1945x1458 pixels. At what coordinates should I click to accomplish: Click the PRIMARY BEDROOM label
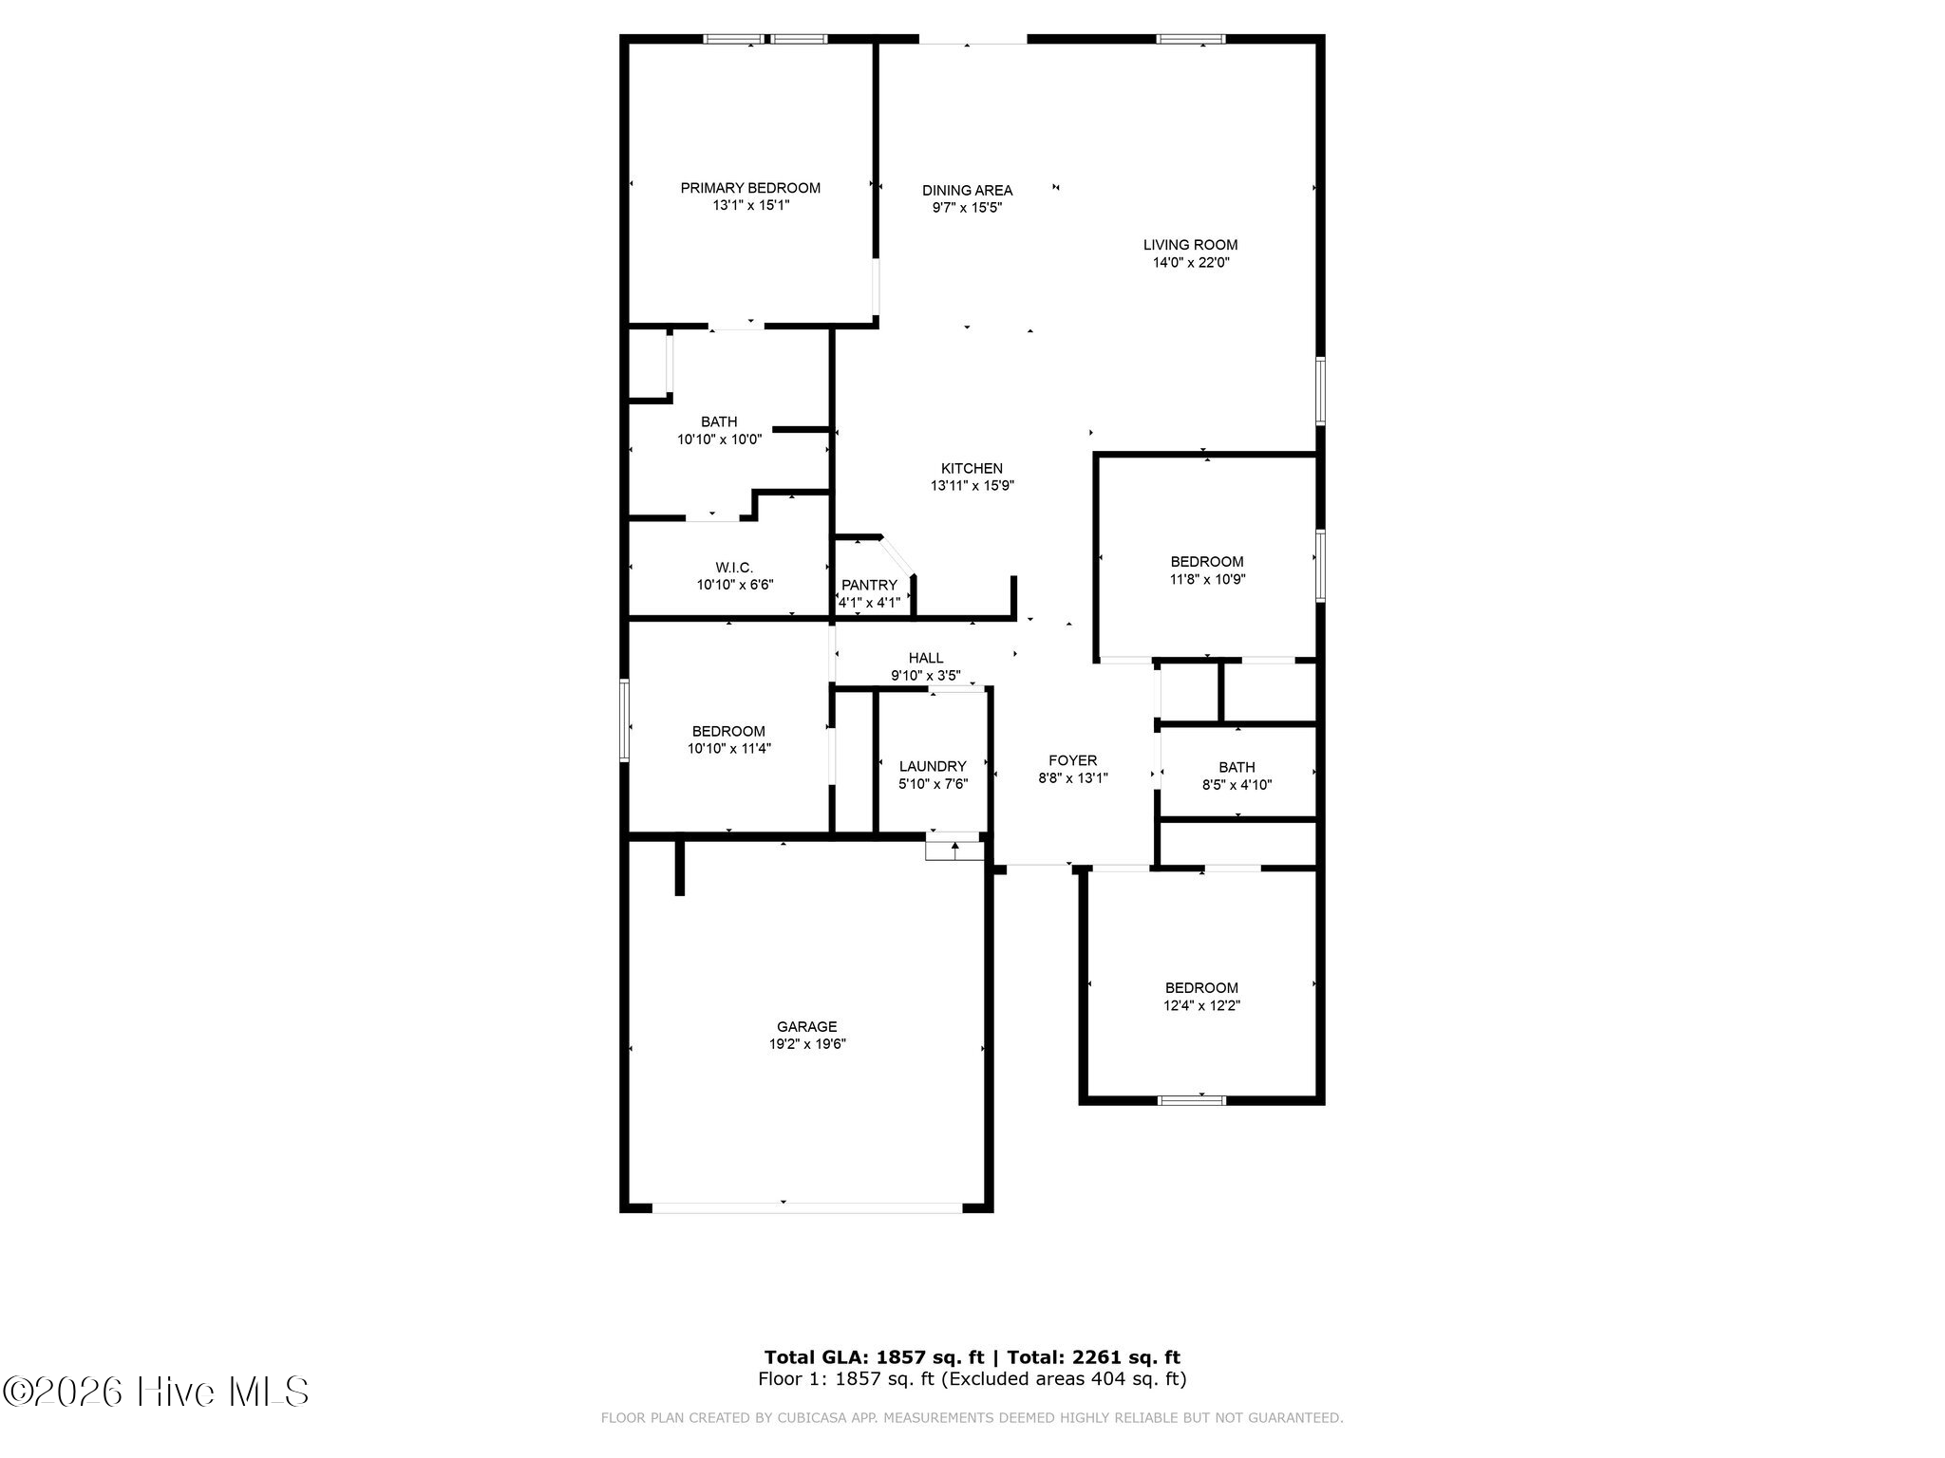click(x=750, y=188)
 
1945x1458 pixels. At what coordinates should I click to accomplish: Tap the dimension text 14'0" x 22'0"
click(x=1191, y=263)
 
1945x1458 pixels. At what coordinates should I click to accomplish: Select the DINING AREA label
click(x=967, y=190)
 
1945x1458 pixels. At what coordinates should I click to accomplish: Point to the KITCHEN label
click(x=972, y=468)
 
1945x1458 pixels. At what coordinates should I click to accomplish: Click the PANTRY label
click(x=869, y=585)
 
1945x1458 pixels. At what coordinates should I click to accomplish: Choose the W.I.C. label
click(x=734, y=568)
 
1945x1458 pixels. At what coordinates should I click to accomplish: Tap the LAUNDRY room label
click(x=933, y=766)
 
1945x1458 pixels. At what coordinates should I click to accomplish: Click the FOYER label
click(x=1072, y=760)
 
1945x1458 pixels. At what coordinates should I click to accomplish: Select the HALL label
click(x=926, y=658)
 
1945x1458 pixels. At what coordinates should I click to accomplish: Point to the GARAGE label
click(x=807, y=1026)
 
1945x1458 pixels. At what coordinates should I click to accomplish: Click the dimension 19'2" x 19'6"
click(x=807, y=1044)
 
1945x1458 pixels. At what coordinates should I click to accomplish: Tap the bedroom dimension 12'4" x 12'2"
click(x=1201, y=1005)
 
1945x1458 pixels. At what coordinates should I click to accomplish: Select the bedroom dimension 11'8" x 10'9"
click(x=1206, y=579)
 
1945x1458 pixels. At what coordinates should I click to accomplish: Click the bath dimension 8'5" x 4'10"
click(x=1237, y=785)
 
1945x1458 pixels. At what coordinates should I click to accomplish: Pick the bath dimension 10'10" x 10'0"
click(x=719, y=439)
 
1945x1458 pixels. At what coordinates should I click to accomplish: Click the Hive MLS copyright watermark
click(x=156, y=1392)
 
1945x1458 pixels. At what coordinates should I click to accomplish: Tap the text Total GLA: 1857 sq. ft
click(x=874, y=1357)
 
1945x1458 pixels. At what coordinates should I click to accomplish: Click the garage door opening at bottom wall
click(x=807, y=1207)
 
